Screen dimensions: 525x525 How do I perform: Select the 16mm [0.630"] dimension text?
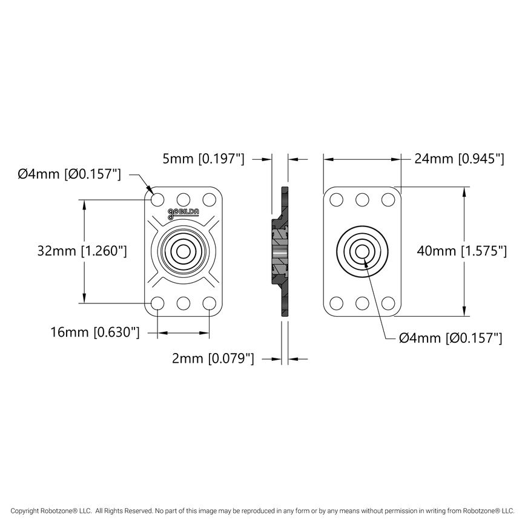(96, 332)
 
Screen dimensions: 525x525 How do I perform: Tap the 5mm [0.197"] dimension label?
(203, 159)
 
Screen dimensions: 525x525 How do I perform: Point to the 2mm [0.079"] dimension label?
(213, 359)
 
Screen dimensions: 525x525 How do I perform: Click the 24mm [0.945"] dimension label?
(458, 159)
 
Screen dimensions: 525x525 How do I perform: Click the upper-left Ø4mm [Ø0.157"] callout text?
(70, 174)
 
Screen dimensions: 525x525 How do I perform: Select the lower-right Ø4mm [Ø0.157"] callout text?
(450, 338)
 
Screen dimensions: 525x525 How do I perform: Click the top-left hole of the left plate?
(157, 199)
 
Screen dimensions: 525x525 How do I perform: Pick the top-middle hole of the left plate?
(183, 199)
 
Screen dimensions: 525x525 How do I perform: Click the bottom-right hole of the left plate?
(210, 303)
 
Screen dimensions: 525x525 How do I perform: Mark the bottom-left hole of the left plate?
(157, 303)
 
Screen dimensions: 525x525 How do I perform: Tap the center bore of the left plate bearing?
(183, 251)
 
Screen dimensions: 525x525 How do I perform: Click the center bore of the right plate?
(362, 251)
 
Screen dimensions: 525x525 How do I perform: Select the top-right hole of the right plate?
(388, 199)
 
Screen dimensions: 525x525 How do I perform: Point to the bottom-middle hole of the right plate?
(362, 303)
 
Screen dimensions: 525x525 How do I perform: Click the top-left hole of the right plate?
(336, 199)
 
